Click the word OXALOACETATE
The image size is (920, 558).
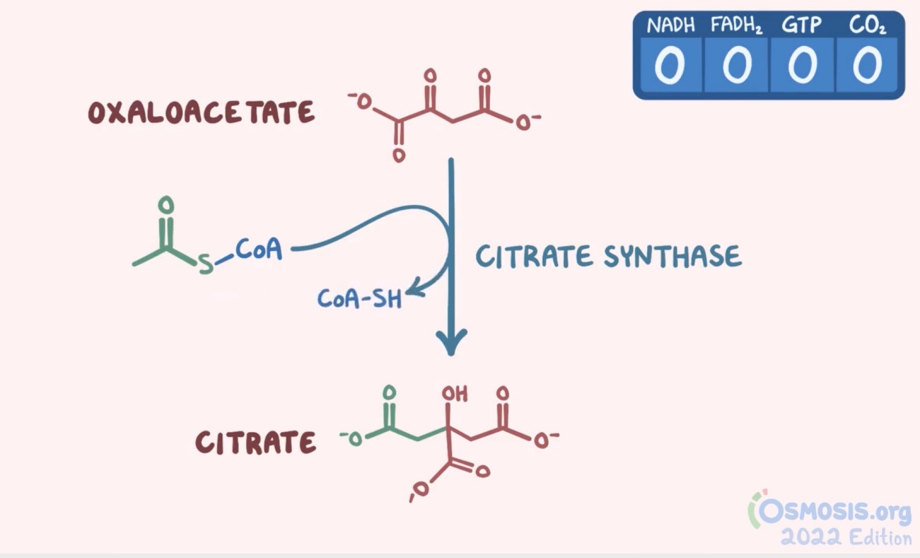[x=201, y=113]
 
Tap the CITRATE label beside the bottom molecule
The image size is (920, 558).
[x=256, y=442]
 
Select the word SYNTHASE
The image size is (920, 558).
[x=672, y=257]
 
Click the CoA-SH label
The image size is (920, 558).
[x=359, y=299]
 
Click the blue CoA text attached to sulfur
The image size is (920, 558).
[x=259, y=250]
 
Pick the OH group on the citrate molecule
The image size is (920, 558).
[x=454, y=394]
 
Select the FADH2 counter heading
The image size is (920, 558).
[x=737, y=26]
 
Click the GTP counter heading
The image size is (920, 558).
[x=802, y=26]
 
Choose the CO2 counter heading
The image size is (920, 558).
[x=868, y=26]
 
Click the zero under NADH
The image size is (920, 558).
[x=668, y=66]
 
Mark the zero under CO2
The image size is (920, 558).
[x=868, y=66]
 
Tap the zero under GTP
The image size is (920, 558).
[x=803, y=66]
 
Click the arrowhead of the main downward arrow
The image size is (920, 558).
[x=452, y=342]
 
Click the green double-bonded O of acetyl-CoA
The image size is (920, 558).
[x=166, y=205]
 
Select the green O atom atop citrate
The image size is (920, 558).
[x=390, y=393]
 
